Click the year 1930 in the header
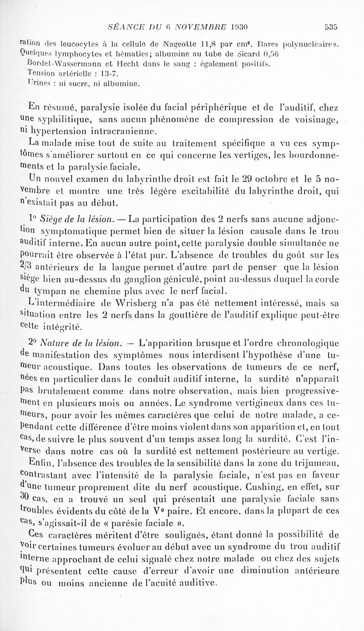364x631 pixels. tap(237, 26)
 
